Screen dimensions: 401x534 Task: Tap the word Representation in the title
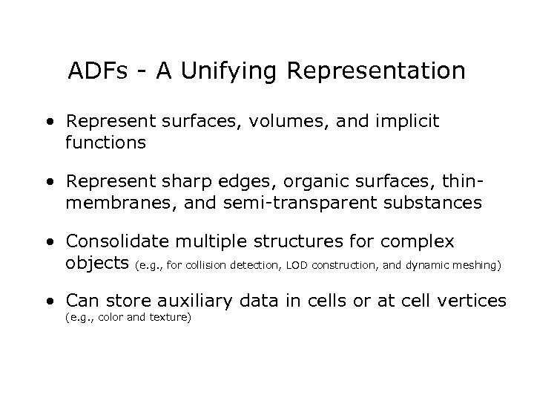pyautogui.click(x=376, y=71)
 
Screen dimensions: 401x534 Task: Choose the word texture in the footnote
pyautogui.click(x=174, y=319)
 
